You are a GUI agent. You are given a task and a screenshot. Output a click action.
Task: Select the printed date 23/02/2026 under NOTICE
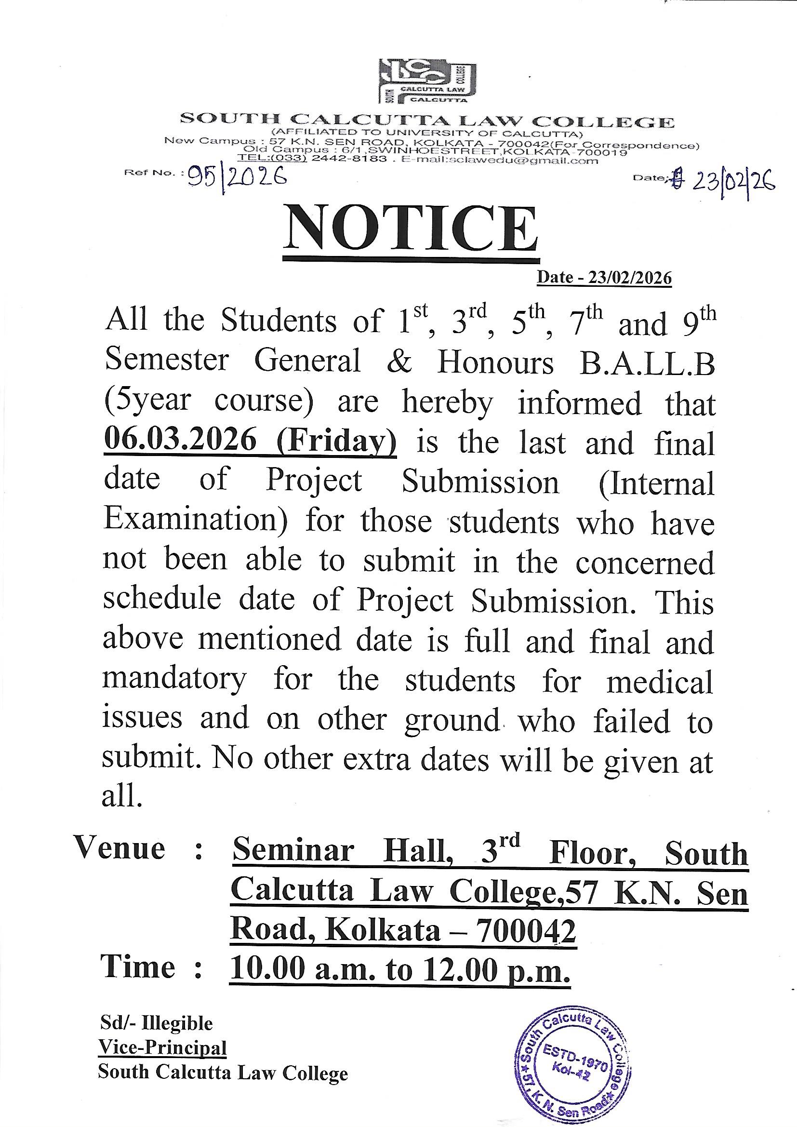click(604, 278)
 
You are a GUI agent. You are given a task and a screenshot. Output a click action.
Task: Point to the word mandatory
click(174, 680)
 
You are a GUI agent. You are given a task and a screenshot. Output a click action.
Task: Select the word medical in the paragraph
click(660, 681)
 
